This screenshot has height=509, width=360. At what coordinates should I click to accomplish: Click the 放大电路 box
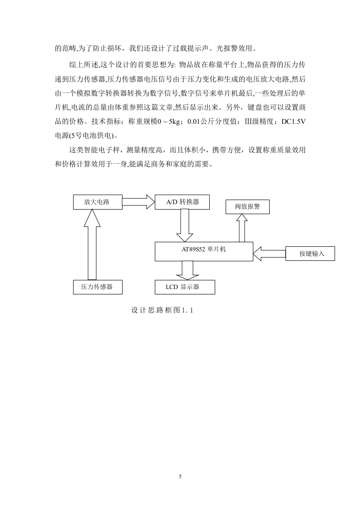(x=98, y=202)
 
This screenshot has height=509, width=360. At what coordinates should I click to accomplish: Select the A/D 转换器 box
(x=182, y=202)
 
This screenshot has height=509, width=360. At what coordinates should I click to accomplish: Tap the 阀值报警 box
(x=247, y=207)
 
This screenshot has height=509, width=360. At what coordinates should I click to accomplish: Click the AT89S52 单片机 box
(x=204, y=251)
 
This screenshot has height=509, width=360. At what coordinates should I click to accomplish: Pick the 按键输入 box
(x=310, y=254)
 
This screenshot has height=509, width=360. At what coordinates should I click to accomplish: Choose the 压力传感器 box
(x=98, y=287)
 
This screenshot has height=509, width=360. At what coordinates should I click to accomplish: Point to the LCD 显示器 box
(x=185, y=287)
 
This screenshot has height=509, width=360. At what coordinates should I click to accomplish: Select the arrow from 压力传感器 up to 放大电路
(x=92, y=245)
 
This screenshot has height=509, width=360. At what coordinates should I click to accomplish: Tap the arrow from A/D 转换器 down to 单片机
(x=185, y=225)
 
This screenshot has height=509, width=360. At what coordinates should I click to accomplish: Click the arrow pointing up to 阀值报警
(x=242, y=228)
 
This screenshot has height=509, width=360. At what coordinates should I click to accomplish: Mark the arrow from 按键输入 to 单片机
(x=269, y=254)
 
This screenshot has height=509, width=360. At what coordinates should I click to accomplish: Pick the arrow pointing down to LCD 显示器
(x=187, y=270)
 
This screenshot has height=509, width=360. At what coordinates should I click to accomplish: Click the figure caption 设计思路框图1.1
(x=162, y=310)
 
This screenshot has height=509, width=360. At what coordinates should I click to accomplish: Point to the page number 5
(x=180, y=476)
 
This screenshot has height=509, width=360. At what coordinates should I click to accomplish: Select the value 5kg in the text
(x=175, y=122)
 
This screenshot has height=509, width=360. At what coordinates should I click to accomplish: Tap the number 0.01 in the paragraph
(x=194, y=122)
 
